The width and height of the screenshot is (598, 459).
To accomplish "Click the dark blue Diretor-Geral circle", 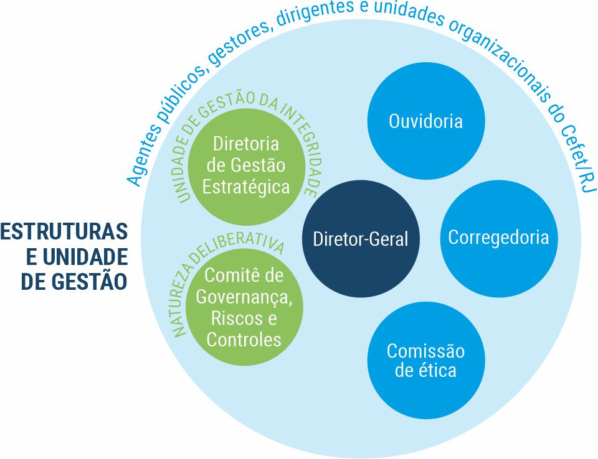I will [x=360, y=239].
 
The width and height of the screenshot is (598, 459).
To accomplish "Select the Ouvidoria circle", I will [x=426, y=120].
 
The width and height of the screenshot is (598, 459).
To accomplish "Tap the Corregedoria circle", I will [x=498, y=238].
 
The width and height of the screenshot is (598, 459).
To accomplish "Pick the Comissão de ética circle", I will [x=426, y=361].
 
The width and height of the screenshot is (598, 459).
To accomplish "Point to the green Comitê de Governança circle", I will [x=244, y=307].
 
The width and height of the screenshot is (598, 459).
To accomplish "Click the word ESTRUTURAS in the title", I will [x=64, y=232].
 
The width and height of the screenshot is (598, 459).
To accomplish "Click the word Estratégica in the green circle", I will [x=245, y=187].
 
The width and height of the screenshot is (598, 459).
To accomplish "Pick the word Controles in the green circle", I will [x=244, y=340].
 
